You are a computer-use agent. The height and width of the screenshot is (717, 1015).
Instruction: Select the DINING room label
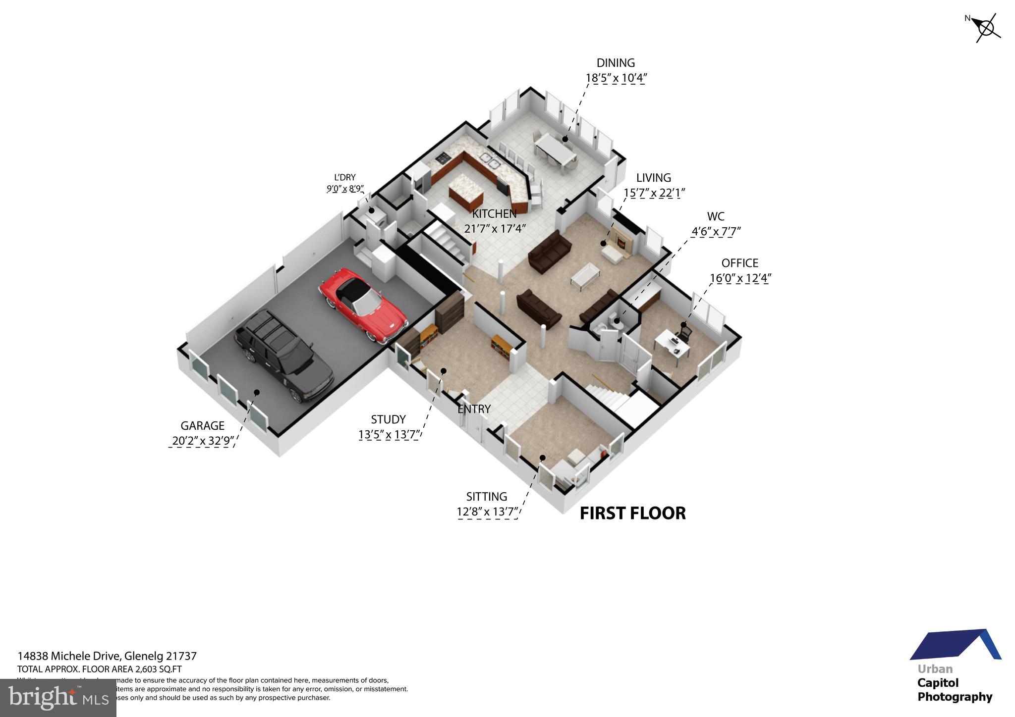click(616, 63)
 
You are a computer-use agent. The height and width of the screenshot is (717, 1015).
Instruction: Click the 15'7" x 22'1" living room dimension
click(654, 193)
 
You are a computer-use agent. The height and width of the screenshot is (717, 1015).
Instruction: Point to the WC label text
click(716, 216)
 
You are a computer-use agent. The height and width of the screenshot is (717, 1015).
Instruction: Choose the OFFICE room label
click(739, 263)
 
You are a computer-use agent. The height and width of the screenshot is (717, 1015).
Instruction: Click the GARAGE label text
click(202, 426)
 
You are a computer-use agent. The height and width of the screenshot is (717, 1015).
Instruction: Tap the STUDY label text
click(388, 420)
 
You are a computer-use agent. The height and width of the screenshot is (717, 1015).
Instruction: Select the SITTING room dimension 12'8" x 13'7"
click(487, 512)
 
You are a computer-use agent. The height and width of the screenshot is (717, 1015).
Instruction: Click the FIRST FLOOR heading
click(633, 513)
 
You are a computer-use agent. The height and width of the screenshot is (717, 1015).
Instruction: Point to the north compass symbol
click(985, 28)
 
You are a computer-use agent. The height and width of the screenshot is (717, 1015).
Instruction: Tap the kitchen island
click(466, 196)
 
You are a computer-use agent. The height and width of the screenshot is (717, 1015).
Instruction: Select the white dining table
click(555, 151)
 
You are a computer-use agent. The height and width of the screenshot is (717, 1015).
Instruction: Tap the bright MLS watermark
click(58, 698)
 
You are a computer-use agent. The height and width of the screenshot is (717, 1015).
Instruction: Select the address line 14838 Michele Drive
click(107, 656)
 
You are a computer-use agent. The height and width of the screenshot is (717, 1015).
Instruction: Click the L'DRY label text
click(345, 178)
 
